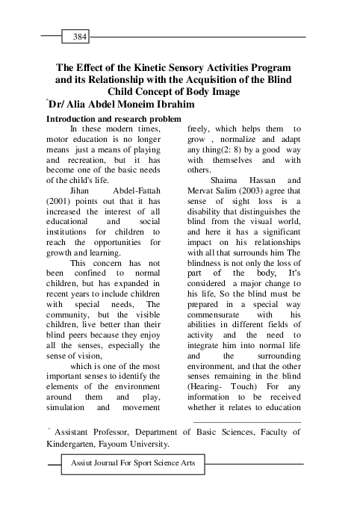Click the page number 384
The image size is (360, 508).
tap(78, 36)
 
